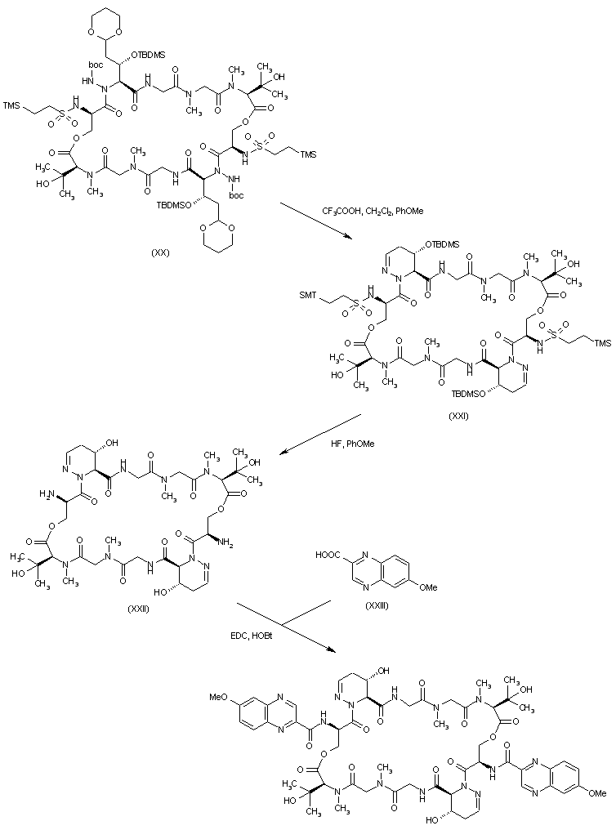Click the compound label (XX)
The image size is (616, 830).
pyautogui.click(x=160, y=252)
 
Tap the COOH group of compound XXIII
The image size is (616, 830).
pyautogui.click(x=328, y=556)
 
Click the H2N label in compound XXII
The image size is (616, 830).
pyautogui.click(x=47, y=494)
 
